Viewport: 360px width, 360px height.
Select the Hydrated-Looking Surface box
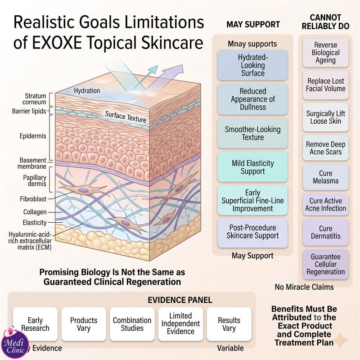pyautogui.click(x=252, y=65)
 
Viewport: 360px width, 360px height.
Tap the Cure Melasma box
pyautogui.click(x=325, y=177)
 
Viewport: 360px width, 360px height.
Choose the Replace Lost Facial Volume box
pyautogui.click(x=325, y=85)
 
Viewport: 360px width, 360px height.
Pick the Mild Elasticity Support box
pyautogui.click(x=252, y=167)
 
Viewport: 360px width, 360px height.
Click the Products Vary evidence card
pyautogui.click(x=84, y=324)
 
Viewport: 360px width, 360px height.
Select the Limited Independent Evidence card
pyautogui.click(x=181, y=324)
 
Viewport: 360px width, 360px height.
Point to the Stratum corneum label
pyautogui.click(x=34, y=99)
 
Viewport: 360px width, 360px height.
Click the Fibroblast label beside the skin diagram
pyautogui.click(x=33, y=199)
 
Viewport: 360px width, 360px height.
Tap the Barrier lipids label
pyautogui.click(x=29, y=111)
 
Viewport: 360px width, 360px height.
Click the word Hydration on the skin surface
pyautogui.click(x=87, y=91)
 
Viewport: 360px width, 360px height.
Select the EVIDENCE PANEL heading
pyautogui.click(x=180, y=300)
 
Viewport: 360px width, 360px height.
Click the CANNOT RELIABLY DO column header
pyautogui.click(x=325, y=22)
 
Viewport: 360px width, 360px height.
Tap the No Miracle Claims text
pyautogui.click(x=304, y=287)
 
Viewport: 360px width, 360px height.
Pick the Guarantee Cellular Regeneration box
pyautogui.click(x=325, y=264)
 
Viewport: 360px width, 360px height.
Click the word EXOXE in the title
pyautogui.click(x=57, y=43)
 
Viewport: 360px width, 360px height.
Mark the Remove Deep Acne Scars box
pyautogui.click(x=325, y=148)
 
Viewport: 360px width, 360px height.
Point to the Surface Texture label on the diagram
pyautogui.click(x=126, y=117)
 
